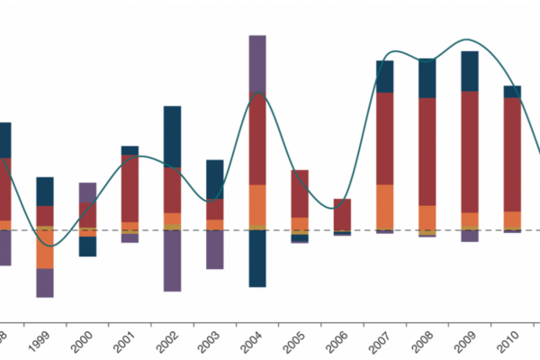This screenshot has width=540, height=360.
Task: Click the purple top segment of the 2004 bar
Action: (256, 63)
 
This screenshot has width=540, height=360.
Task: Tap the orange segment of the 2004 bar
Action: (256, 204)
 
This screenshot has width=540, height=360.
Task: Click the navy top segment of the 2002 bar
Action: (172, 136)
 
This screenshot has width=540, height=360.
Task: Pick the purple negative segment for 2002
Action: (172, 260)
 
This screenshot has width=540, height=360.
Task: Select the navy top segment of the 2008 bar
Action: (427, 78)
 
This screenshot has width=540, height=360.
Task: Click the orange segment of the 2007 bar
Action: (385, 206)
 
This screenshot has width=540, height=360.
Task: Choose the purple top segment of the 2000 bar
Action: (87, 193)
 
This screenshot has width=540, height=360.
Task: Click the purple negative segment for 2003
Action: (214, 249)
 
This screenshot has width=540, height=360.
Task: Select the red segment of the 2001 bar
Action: (130, 188)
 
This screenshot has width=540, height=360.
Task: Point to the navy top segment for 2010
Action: (512, 92)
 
